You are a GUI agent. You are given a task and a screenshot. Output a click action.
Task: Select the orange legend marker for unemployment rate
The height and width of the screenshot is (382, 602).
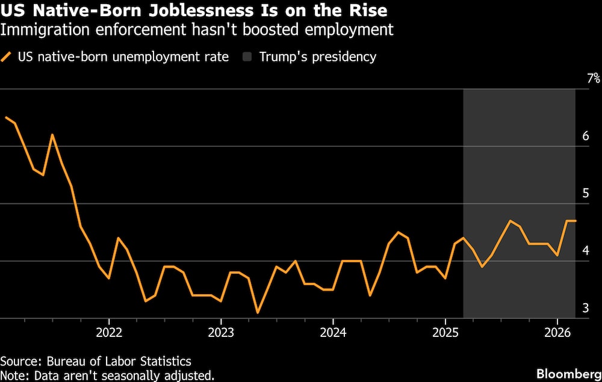[8, 57]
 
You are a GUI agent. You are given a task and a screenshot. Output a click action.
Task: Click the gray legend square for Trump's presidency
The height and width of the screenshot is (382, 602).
[247, 57]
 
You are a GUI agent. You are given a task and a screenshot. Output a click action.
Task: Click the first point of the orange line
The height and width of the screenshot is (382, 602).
[5, 117]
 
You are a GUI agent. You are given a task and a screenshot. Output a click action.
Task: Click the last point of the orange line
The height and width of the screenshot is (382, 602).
[576, 221]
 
